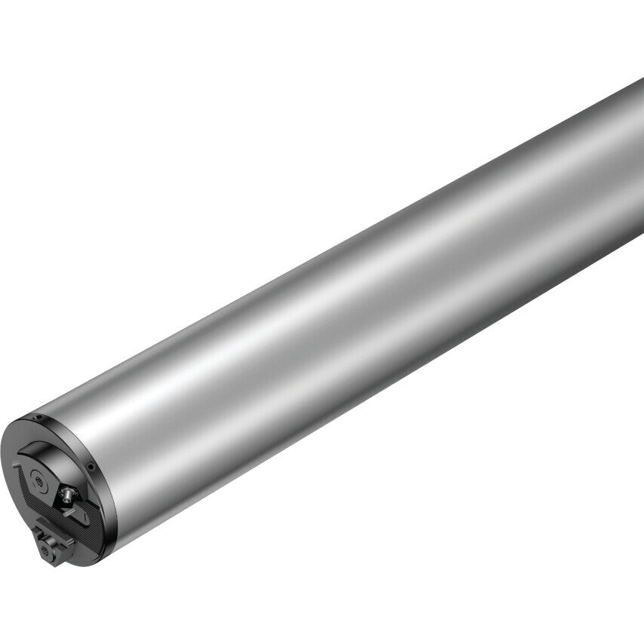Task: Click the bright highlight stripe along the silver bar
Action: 339,302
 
